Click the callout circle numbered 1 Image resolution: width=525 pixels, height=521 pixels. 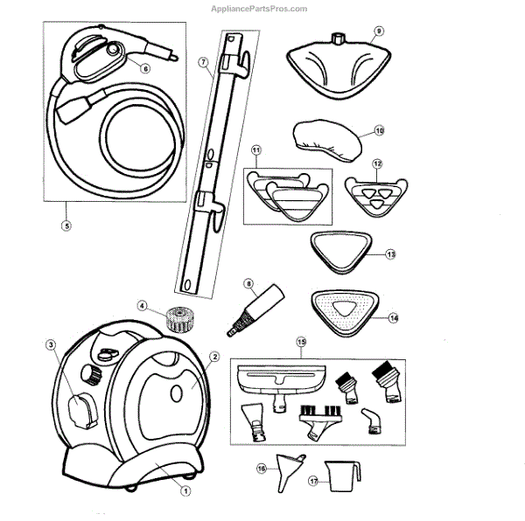[x=185, y=490]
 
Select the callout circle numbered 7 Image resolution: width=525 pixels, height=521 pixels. [x=202, y=62]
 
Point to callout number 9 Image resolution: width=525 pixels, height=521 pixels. [x=379, y=31]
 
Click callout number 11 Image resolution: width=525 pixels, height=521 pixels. [x=256, y=151]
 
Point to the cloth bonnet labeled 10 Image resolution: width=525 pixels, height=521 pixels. [x=327, y=139]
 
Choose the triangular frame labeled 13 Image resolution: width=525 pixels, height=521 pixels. [x=342, y=251]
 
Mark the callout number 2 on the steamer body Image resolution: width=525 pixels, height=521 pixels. [x=213, y=356]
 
